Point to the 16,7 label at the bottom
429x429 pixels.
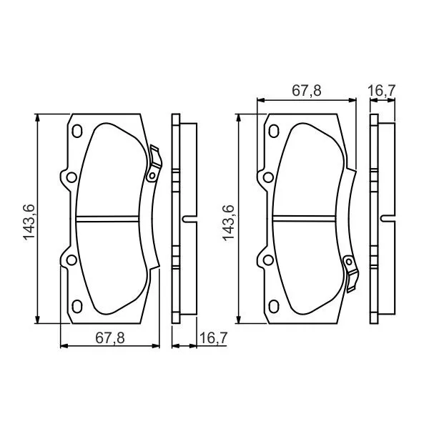point(213,338)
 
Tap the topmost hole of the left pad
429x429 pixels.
point(78,131)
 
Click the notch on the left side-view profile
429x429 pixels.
point(187,219)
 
